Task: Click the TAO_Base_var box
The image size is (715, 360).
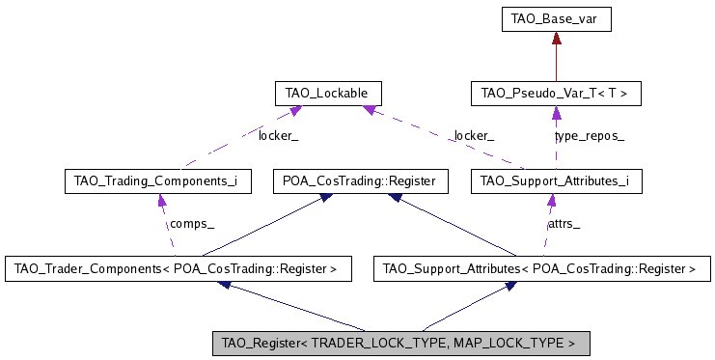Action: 556,18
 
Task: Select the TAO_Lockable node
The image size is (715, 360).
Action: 328,94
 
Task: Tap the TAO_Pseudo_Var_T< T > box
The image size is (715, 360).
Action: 555,94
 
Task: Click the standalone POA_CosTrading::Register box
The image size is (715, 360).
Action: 360,180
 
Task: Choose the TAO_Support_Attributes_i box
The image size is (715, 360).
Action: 555,180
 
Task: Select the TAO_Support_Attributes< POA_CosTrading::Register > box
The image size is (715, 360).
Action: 539,268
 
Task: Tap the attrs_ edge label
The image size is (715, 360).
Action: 564,223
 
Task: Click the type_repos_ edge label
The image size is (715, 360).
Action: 589,136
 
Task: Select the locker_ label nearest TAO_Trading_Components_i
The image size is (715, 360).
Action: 278,136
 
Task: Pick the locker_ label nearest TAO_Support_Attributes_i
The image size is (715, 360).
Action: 474,136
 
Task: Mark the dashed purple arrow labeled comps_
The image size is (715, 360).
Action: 161,224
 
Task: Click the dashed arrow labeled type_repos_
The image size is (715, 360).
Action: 556,136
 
